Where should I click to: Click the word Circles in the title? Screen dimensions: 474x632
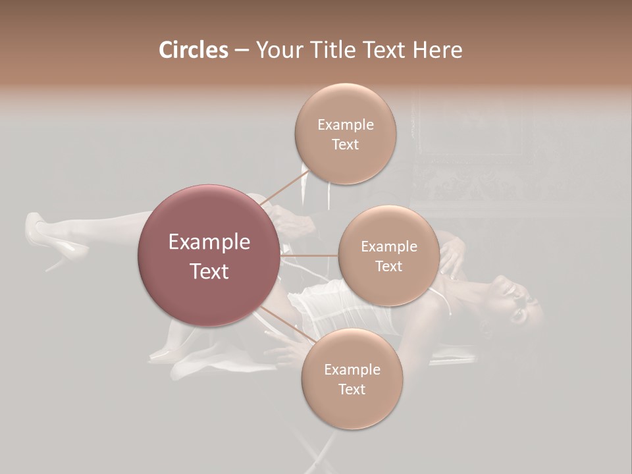pyautogui.click(x=193, y=50)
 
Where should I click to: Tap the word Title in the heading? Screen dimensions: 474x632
pyautogui.click(x=334, y=50)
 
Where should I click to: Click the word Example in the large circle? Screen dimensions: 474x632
pyautogui.click(x=209, y=242)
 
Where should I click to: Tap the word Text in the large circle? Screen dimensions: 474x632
pyautogui.click(x=209, y=271)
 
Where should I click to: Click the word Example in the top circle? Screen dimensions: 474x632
pyautogui.click(x=345, y=125)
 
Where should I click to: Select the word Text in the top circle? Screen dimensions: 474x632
pyautogui.click(x=345, y=145)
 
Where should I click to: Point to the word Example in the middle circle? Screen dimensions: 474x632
pyautogui.click(x=388, y=247)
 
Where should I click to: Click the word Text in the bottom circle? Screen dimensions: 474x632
pyautogui.click(x=352, y=390)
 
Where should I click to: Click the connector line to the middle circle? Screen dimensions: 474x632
pyautogui.click(x=309, y=255)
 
